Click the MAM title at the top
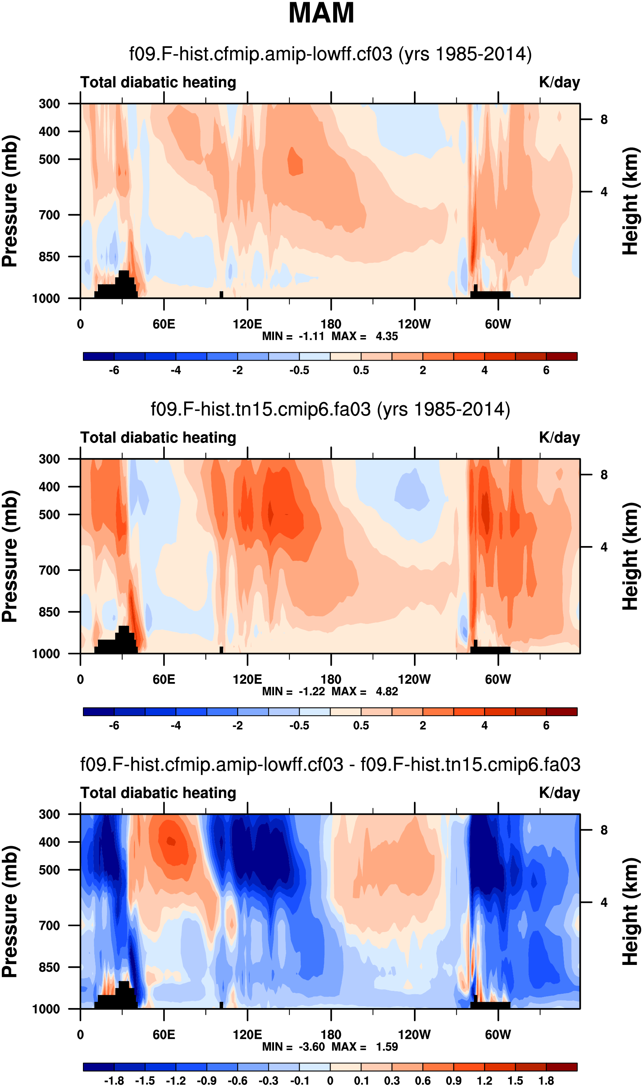click(x=321, y=13)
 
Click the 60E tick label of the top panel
click(x=164, y=324)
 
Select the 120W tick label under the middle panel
click(x=414, y=679)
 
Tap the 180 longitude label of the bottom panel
click(x=331, y=1035)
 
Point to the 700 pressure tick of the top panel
click(x=50, y=215)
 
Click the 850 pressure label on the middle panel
click(x=50, y=612)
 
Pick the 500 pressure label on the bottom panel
click(x=50, y=870)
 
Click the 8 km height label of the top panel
click(x=604, y=120)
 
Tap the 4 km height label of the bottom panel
click(x=604, y=902)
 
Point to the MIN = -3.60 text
click(x=294, y=1047)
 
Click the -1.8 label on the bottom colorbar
click(x=114, y=1081)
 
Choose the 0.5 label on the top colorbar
click(x=361, y=371)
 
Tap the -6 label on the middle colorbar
click(x=114, y=726)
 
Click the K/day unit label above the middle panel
click(x=559, y=438)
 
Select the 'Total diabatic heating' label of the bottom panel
click(x=158, y=793)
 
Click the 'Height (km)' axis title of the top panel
click(x=631, y=201)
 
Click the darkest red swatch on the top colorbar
click(x=562, y=357)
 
